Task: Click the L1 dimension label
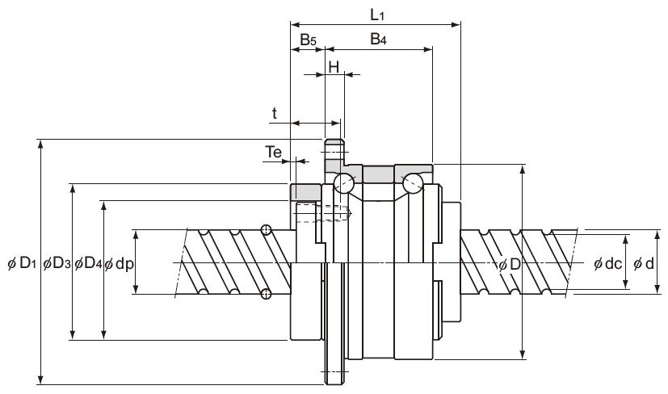point(377,15)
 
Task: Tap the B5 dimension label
point(308,40)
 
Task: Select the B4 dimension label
point(378,40)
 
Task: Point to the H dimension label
point(334,66)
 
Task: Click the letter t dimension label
point(275,113)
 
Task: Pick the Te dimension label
point(274,152)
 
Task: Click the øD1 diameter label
point(22,264)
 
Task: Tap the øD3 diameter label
point(57,264)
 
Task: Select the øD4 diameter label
point(88,264)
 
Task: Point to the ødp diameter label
point(120,265)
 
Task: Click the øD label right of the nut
point(510,265)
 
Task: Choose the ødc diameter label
point(608,264)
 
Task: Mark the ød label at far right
point(643,264)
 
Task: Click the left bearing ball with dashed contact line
point(344,183)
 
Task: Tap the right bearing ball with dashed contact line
point(413,183)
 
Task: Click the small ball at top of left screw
point(267,230)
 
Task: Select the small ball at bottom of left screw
point(266,293)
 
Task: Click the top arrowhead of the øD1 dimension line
point(40,144)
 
